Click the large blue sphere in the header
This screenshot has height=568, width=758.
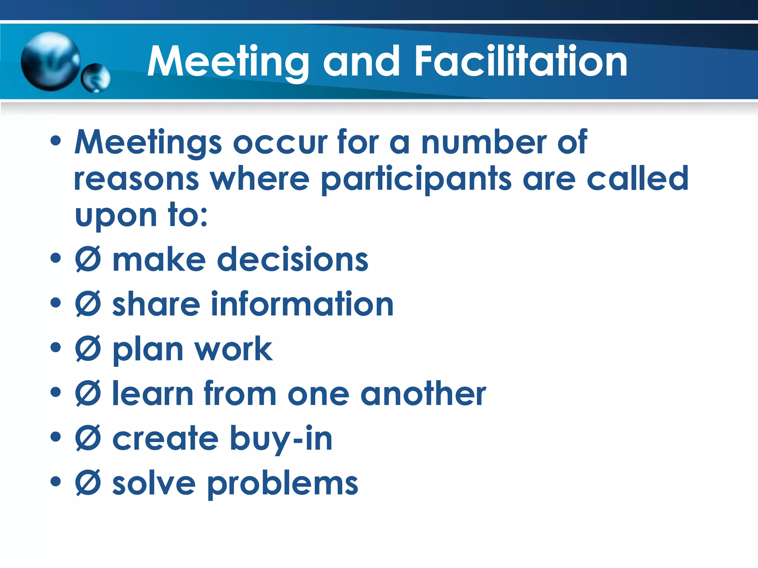[50, 61]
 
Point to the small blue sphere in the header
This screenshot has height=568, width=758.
[96, 78]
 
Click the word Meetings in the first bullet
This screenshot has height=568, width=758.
[148, 142]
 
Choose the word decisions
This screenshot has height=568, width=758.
[292, 260]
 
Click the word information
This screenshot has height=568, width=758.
[302, 304]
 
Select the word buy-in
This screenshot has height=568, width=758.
[281, 439]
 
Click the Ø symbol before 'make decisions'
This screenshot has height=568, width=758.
[88, 260]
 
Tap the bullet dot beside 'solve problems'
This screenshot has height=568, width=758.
[56, 481]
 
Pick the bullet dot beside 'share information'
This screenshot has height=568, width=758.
[56, 303]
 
